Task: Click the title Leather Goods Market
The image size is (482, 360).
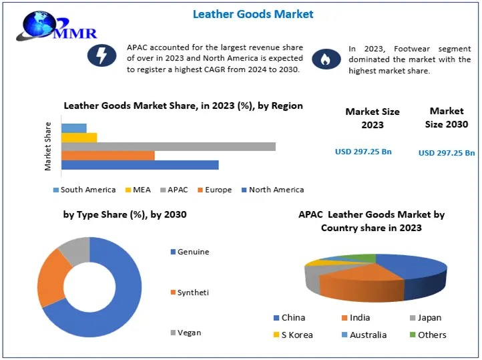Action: pos(253,13)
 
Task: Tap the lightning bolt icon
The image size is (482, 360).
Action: pos(102,56)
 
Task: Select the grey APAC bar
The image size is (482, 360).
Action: pos(168,146)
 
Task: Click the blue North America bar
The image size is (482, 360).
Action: pos(140,165)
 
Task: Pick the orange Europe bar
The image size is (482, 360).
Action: pos(107,156)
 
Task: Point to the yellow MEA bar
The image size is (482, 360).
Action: pos(79,138)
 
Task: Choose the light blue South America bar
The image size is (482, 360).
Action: pos(73,128)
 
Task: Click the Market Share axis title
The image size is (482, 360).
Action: pos(48,146)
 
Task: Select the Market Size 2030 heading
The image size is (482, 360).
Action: pos(446,118)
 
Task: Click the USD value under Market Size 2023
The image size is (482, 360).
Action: pos(363,152)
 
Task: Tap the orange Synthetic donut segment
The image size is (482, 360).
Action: pos(52,278)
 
